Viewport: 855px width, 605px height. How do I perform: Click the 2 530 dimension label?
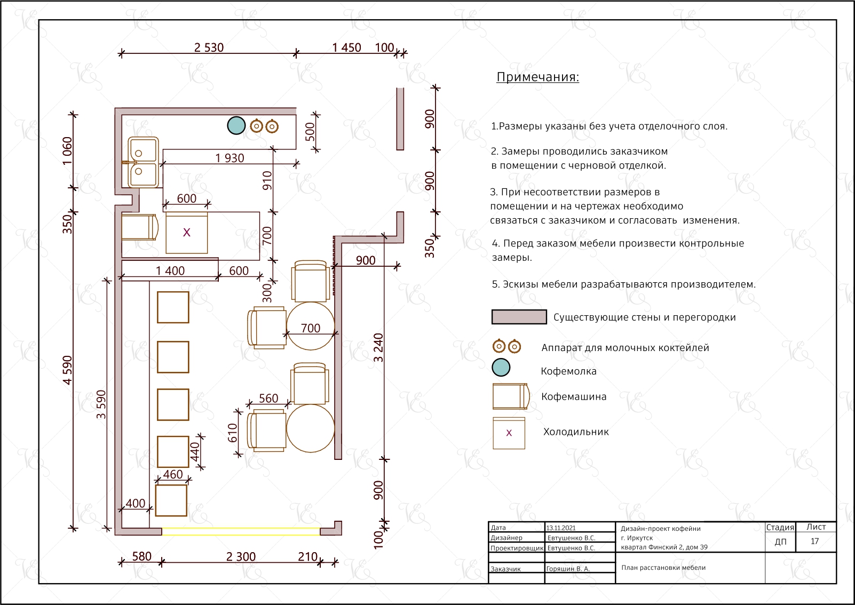coord(209,47)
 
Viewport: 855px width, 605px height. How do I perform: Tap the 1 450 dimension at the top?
coord(346,47)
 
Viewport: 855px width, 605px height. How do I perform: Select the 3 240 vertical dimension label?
coord(378,347)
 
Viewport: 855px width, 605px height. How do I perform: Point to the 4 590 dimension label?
coord(67,370)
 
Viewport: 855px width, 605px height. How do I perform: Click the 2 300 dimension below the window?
coord(241,557)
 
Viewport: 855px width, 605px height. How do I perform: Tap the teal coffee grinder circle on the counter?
coord(236,125)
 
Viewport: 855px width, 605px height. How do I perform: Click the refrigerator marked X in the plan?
coord(187,233)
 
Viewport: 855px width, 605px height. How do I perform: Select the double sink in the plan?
coord(143,162)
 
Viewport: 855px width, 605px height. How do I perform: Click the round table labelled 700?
coord(310,326)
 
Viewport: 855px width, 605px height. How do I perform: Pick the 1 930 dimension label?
coord(229,158)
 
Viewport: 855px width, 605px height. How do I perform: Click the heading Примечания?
coord(538,77)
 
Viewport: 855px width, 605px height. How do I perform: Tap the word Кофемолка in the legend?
coord(569,371)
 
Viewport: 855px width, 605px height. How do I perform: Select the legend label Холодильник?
coord(576,432)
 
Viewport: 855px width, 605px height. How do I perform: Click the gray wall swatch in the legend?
coord(519,317)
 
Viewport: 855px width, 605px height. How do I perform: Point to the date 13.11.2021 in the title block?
coord(561,528)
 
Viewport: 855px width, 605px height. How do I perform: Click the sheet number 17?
coord(814,542)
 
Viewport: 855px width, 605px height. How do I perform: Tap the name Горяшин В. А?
coord(568,569)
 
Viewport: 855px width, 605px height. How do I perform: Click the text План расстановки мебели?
coord(663,568)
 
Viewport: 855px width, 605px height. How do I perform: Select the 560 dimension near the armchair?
coord(268,399)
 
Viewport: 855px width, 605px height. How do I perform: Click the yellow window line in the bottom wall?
coord(241,528)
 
